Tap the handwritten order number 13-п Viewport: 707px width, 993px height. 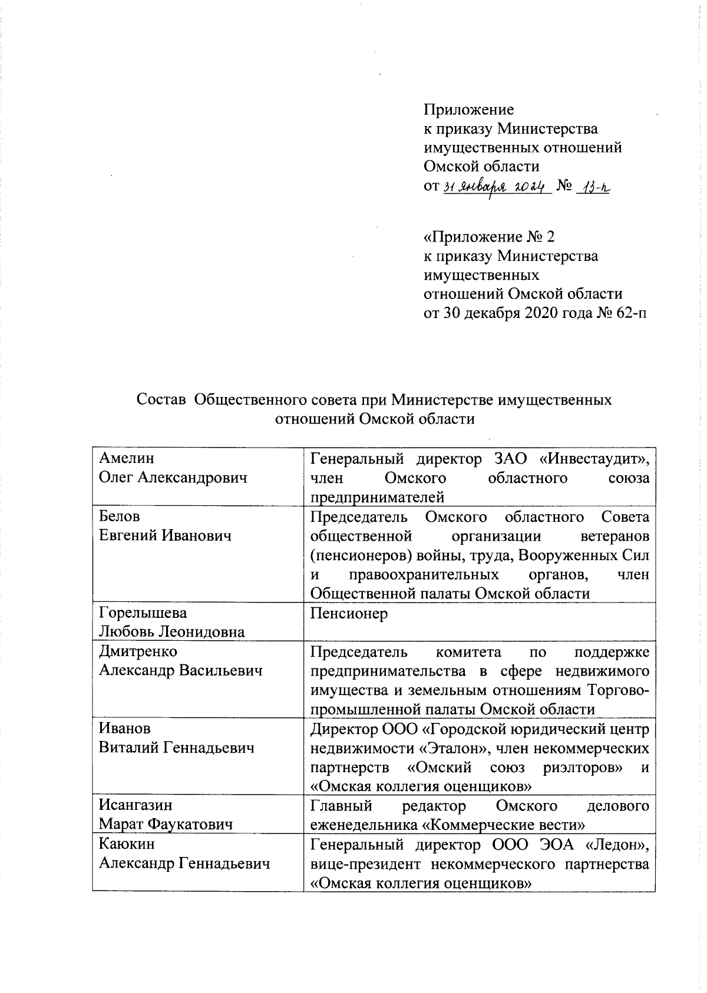click(x=593, y=187)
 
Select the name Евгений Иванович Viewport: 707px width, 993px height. click(x=165, y=536)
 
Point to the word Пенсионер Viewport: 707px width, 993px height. click(x=349, y=614)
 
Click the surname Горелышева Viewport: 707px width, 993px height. click(x=143, y=613)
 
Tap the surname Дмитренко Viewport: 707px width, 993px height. click(x=138, y=652)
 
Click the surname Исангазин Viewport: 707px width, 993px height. click(x=136, y=805)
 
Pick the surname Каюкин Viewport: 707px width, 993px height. click(x=127, y=844)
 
